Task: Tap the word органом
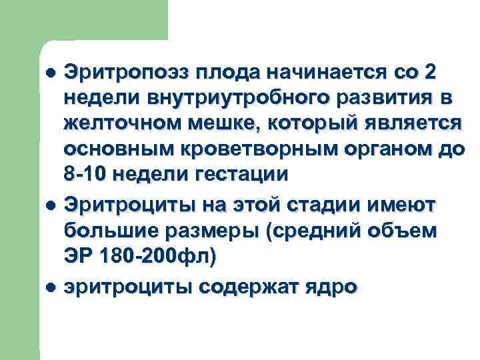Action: [375, 151]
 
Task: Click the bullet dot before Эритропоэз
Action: [51, 71]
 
